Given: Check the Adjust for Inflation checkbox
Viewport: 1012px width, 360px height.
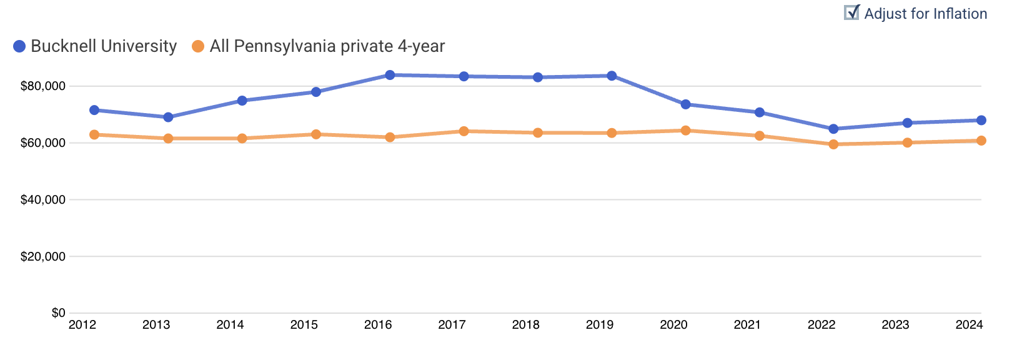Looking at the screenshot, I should coord(851,13).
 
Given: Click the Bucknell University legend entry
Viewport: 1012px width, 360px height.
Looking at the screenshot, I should coord(95,46).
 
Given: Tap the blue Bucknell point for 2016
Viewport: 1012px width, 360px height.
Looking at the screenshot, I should coord(390,75).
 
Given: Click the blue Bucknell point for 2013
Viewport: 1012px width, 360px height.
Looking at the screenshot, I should coord(168,117).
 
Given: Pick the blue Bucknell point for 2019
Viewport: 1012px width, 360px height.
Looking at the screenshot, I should coord(612,76).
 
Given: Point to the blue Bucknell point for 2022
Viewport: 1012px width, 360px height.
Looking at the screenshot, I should coord(833,129).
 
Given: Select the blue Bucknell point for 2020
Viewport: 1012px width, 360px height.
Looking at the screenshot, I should coord(685,104).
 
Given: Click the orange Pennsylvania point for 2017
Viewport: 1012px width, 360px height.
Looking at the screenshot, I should coord(464,131).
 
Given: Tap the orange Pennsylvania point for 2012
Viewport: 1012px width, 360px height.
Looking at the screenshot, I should coord(94,134).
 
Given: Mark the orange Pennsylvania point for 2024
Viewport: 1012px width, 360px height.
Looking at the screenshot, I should coord(981,141).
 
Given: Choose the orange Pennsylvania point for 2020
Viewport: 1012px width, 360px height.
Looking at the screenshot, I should coord(685,131).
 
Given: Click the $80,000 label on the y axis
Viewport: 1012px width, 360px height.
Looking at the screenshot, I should coord(43,86).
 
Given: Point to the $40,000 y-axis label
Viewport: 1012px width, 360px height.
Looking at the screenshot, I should coord(43,200).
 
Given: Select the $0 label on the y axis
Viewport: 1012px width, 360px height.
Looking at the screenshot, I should coord(58,312).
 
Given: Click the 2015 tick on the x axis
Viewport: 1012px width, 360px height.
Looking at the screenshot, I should coord(304,325).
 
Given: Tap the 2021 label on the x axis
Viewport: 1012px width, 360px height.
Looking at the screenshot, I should coord(747,325).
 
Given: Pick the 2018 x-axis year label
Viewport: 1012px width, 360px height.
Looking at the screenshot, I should coord(526,325).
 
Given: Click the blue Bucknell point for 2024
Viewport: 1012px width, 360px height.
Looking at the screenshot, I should coord(981,120).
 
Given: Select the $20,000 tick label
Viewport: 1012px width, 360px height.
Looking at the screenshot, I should coord(43,257).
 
